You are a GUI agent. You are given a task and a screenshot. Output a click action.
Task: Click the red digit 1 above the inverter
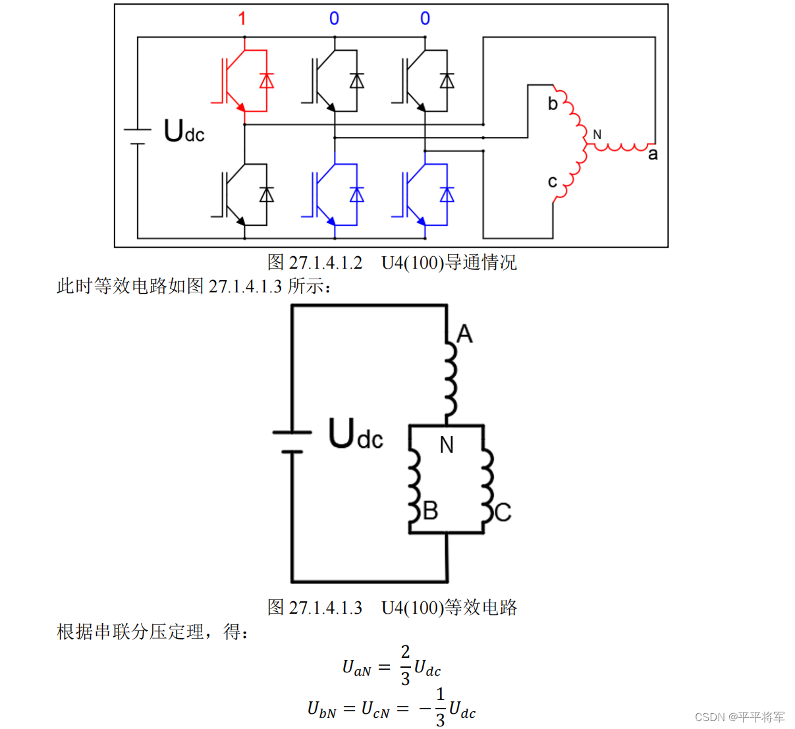[242, 18]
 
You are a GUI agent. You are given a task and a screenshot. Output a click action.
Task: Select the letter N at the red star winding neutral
[597, 134]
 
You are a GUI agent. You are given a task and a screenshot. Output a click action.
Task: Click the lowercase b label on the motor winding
[553, 103]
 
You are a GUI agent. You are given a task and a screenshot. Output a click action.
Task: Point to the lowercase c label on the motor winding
[552, 181]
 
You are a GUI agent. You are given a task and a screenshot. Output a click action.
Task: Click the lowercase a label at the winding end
[652, 154]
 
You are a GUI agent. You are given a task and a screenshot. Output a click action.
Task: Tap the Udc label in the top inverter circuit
[184, 131]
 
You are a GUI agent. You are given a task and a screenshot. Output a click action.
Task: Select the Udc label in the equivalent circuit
[355, 434]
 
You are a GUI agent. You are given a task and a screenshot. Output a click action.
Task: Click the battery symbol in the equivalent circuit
[292, 442]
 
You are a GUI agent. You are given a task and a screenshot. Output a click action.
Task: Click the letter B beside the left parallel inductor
[431, 510]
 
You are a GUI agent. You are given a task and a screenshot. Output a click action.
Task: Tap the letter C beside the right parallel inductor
[503, 512]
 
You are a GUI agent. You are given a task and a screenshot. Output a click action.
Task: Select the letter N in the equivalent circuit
[447, 445]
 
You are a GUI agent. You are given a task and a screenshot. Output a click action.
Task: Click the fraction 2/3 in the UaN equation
[405, 664]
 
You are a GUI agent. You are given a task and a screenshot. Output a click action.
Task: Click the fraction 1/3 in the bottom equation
[440, 707]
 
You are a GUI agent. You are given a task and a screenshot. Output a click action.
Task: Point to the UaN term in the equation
[356, 668]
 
